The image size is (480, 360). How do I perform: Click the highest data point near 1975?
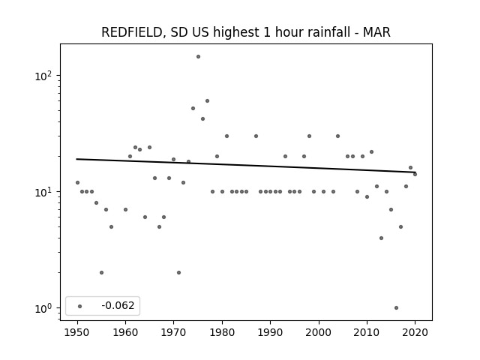(x=198, y=57)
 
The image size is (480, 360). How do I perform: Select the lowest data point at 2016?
(x=397, y=308)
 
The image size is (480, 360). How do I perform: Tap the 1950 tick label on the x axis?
(x=77, y=332)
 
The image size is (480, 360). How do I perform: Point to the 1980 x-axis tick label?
(x=222, y=332)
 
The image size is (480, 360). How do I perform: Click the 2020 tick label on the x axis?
(x=415, y=332)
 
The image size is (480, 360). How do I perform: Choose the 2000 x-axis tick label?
(x=319, y=332)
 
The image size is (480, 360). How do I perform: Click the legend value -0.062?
(x=118, y=305)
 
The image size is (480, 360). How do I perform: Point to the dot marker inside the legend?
(x=80, y=306)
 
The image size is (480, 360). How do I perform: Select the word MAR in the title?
(x=376, y=32)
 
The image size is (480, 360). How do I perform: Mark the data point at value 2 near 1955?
(x=102, y=273)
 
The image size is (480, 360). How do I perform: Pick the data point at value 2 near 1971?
(x=178, y=273)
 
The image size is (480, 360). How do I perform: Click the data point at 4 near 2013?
(x=381, y=238)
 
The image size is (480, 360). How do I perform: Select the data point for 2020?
(x=415, y=175)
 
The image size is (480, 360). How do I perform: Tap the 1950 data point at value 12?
(x=77, y=183)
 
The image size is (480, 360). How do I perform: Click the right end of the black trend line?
(x=415, y=172)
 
